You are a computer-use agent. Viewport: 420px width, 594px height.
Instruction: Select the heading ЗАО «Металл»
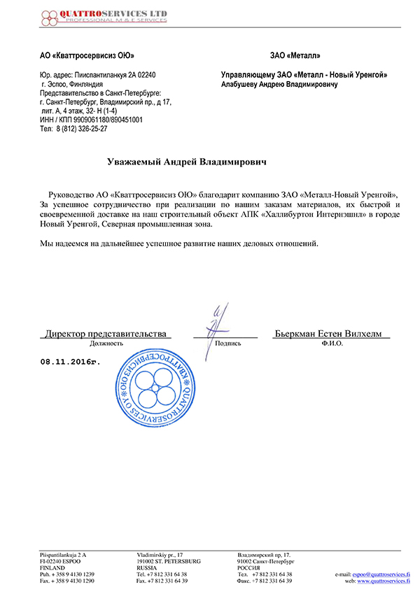point(295,55)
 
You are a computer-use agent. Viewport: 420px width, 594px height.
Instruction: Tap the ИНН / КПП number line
point(92,120)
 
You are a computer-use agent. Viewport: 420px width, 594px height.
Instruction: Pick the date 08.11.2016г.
point(71,362)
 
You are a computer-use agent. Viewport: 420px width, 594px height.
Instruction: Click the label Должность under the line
point(106,344)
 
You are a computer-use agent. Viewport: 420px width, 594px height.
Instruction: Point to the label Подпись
point(228,344)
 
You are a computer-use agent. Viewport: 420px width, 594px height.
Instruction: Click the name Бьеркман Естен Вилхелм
point(328,334)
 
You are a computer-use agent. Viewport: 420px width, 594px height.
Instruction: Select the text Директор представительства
point(106,334)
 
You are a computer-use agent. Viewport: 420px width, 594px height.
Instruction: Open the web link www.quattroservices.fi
point(384,581)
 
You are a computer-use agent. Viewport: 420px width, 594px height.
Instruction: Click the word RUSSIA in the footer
point(148,567)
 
